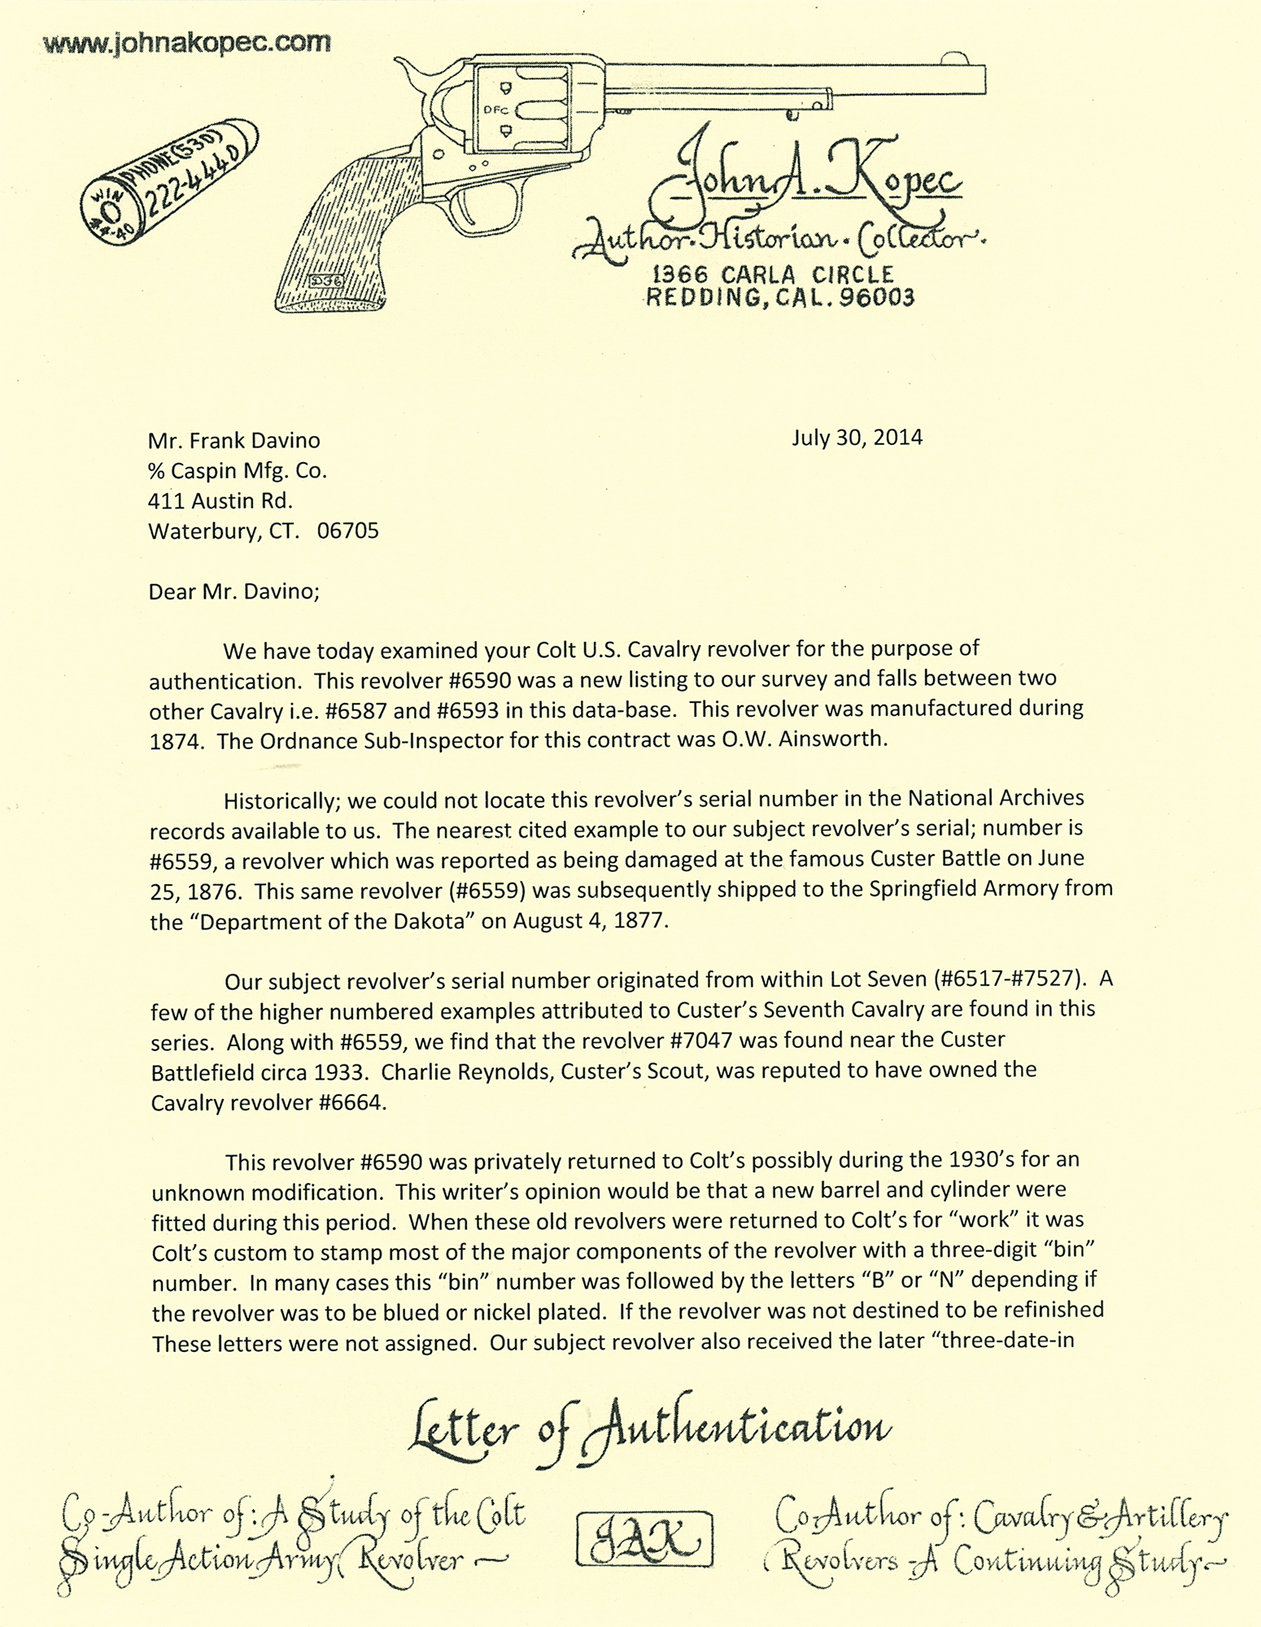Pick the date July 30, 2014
click(x=857, y=438)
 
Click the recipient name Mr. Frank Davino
click(x=234, y=441)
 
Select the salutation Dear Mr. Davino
click(x=233, y=591)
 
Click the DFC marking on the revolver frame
click(x=493, y=108)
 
